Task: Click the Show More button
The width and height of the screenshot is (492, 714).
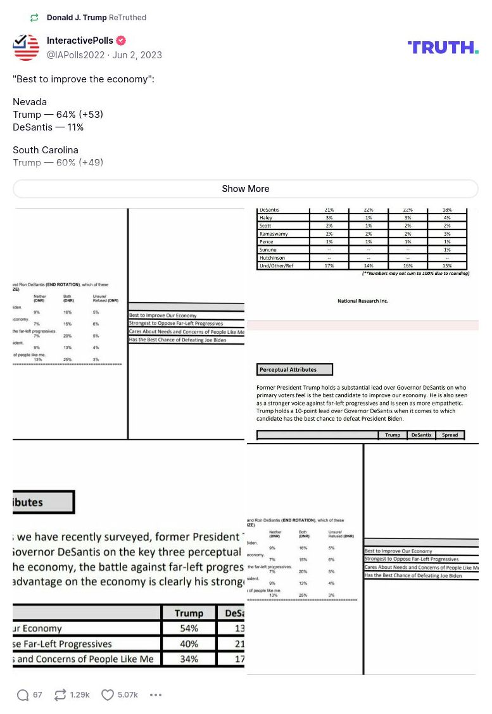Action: pyautogui.click(x=246, y=189)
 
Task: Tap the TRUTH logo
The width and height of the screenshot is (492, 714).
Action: pyautogui.click(x=443, y=48)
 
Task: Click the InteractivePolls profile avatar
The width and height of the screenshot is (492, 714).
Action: pyautogui.click(x=26, y=48)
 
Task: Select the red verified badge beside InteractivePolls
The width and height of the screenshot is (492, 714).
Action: pyautogui.click(x=120, y=41)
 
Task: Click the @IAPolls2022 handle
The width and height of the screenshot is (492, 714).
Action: pyautogui.click(x=75, y=55)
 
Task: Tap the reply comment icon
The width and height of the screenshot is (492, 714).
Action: pyautogui.click(x=23, y=695)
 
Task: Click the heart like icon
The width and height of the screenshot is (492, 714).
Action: pyautogui.click(x=108, y=695)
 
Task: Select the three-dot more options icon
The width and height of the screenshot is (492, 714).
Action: pyautogui.click(x=156, y=695)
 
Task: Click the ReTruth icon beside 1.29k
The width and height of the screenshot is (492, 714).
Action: pyautogui.click(x=60, y=695)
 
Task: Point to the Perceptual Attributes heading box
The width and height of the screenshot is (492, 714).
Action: pyautogui.click(x=294, y=369)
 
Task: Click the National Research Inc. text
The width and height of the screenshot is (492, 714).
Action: pyautogui.click(x=363, y=301)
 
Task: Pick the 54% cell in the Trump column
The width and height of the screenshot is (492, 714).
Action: pyautogui.click(x=189, y=628)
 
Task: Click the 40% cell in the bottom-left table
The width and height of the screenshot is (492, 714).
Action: pyautogui.click(x=189, y=644)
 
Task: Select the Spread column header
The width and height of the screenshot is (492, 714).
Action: pyautogui.click(x=450, y=435)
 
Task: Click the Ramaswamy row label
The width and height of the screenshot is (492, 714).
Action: pyautogui.click(x=274, y=234)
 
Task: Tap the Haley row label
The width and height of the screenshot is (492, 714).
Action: pyautogui.click(x=266, y=218)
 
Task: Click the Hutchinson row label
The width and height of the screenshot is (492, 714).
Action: pyautogui.click(x=272, y=258)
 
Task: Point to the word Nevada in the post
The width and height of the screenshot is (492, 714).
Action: pyautogui.click(x=30, y=102)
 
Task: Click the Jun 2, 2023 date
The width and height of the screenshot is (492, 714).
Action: pyautogui.click(x=137, y=55)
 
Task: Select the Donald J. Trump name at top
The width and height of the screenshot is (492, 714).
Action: pyautogui.click(x=77, y=18)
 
